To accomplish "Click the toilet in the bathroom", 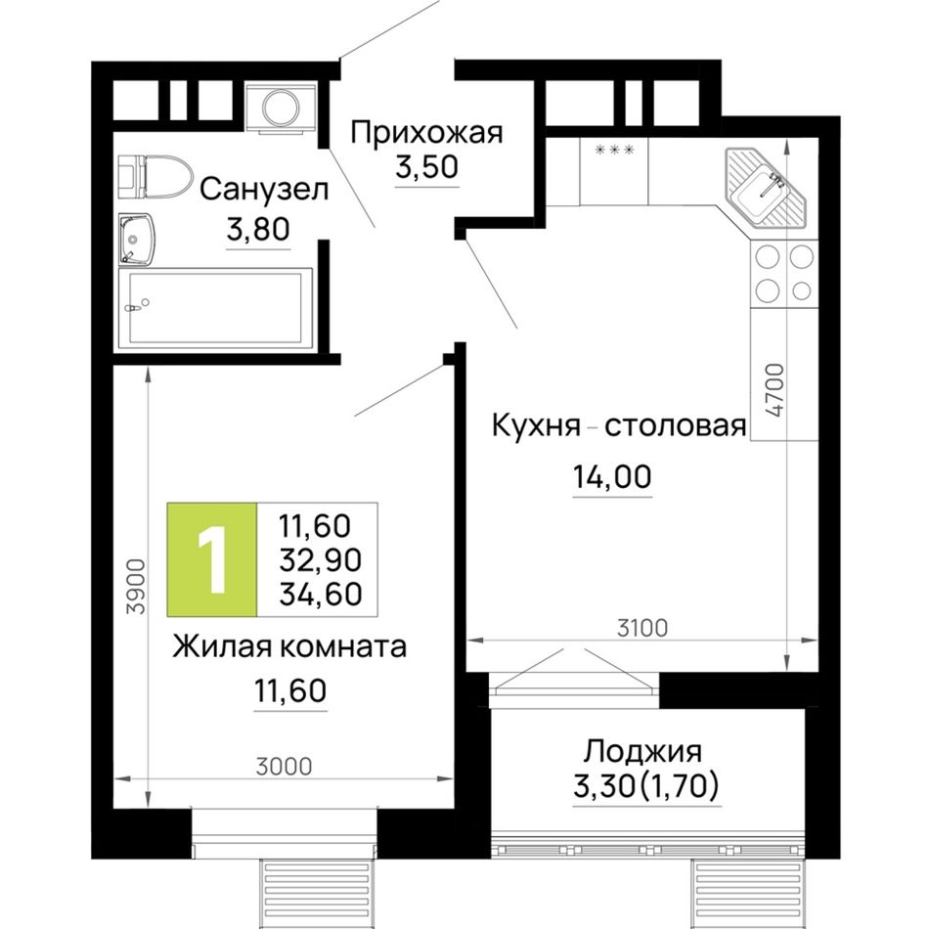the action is pyautogui.click(x=155, y=177).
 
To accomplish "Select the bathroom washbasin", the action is pyautogui.click(x=136, y=239).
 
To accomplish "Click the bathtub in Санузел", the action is pyautogui.click(x=215, y=308).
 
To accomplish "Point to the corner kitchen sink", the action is pyautogui.click(x=766, y=188).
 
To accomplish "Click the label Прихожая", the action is pyautogui.click(x=426, y=133).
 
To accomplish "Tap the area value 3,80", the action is pyautogui.click(x=258, y=229).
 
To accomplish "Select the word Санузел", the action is pyautogui.click(x=264, y=190).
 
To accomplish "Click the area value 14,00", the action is pyautogui.click(x=612, y=477).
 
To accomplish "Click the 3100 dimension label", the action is pyautogui.click(x=642, y=628).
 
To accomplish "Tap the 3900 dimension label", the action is pyautogui.click(x=136, y=587).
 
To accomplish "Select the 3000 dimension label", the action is pyautogui.click(x=284, y=767).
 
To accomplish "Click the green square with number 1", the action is pyautogui.click(x=212, y=559).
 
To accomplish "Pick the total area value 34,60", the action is pyautogui.click(x=321, y=594).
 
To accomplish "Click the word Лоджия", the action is pyautogui.click(x=642, y=752).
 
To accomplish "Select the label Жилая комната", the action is pyautogui.click(x=289, y=647).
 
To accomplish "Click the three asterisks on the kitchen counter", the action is pyautogui.click(x=614, y=150).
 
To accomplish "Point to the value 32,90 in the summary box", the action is pyautogui.click(x=321, y=560).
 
